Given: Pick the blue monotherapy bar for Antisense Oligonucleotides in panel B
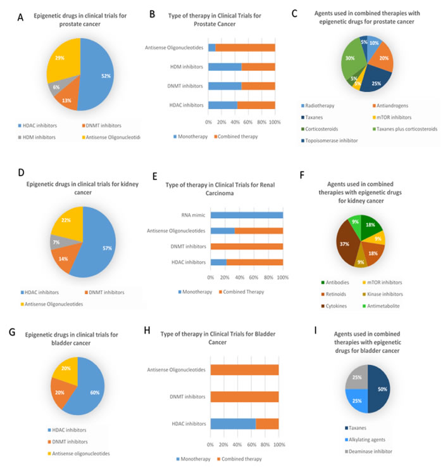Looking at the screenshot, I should (212, 47).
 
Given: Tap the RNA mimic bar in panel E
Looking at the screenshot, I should (247, 215).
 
